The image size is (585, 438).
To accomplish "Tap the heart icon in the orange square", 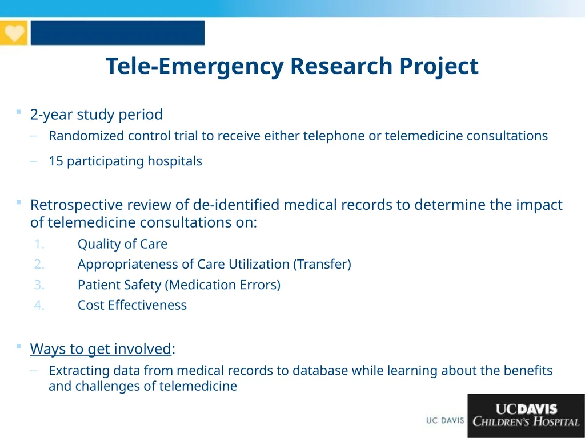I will pyautogui.click(x=14, y=33).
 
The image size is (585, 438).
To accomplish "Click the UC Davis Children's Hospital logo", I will pyautogui.click(x=526, y=415).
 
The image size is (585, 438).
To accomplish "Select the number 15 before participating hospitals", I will pyautogui.click(x=56, y=161).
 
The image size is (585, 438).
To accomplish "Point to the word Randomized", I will pyautogui.click(x=86, y=136).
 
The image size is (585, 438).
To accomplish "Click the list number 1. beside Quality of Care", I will pyautogui.click(x=39, y=244).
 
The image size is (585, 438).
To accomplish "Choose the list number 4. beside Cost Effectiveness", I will pyautogui.click(x=39, y=305).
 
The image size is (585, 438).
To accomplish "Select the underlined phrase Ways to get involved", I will pyautogui.click(x=101, y=348).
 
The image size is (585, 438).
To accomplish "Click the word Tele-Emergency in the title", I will pyautogui.click(x=194, y=66).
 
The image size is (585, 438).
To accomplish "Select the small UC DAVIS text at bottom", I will pyautogui.click(x=445, y=421).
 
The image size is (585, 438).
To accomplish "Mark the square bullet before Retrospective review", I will pyautogui.click(x=19, y=202).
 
